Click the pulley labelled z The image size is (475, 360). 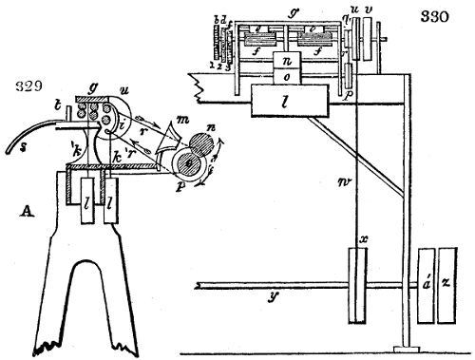447,283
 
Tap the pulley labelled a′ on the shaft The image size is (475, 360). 424,283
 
